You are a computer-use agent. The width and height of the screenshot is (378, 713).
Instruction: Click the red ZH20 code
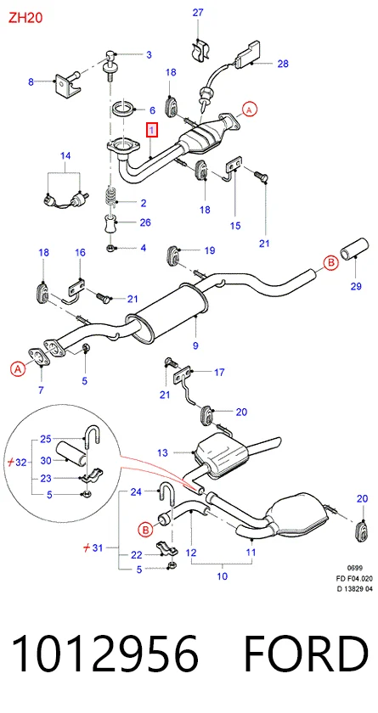(x=25, y=18)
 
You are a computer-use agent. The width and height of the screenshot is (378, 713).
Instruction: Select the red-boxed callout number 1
(x=152, y=132)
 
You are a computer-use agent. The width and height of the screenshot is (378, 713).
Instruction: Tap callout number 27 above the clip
(x=198, y=12)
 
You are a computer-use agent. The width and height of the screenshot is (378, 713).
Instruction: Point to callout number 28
(x=283, y=64)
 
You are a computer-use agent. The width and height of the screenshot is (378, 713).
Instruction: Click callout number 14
(x=65, y=156)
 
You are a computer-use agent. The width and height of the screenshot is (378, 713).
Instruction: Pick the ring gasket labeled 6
(x=123, y=109)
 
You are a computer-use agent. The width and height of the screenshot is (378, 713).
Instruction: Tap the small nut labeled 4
(x=110, y=248)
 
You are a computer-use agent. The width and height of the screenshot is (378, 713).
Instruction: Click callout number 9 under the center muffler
(x=195, y=345)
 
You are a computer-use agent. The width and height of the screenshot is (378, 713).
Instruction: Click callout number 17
(x=219, y=373)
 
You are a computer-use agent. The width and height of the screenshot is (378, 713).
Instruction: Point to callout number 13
(x=163, y=453)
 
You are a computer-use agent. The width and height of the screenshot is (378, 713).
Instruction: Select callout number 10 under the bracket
(x=222, y=576)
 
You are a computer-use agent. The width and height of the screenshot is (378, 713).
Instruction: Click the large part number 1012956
(x=105, y=654)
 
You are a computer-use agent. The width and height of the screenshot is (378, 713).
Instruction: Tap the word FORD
(x=306, y=654)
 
